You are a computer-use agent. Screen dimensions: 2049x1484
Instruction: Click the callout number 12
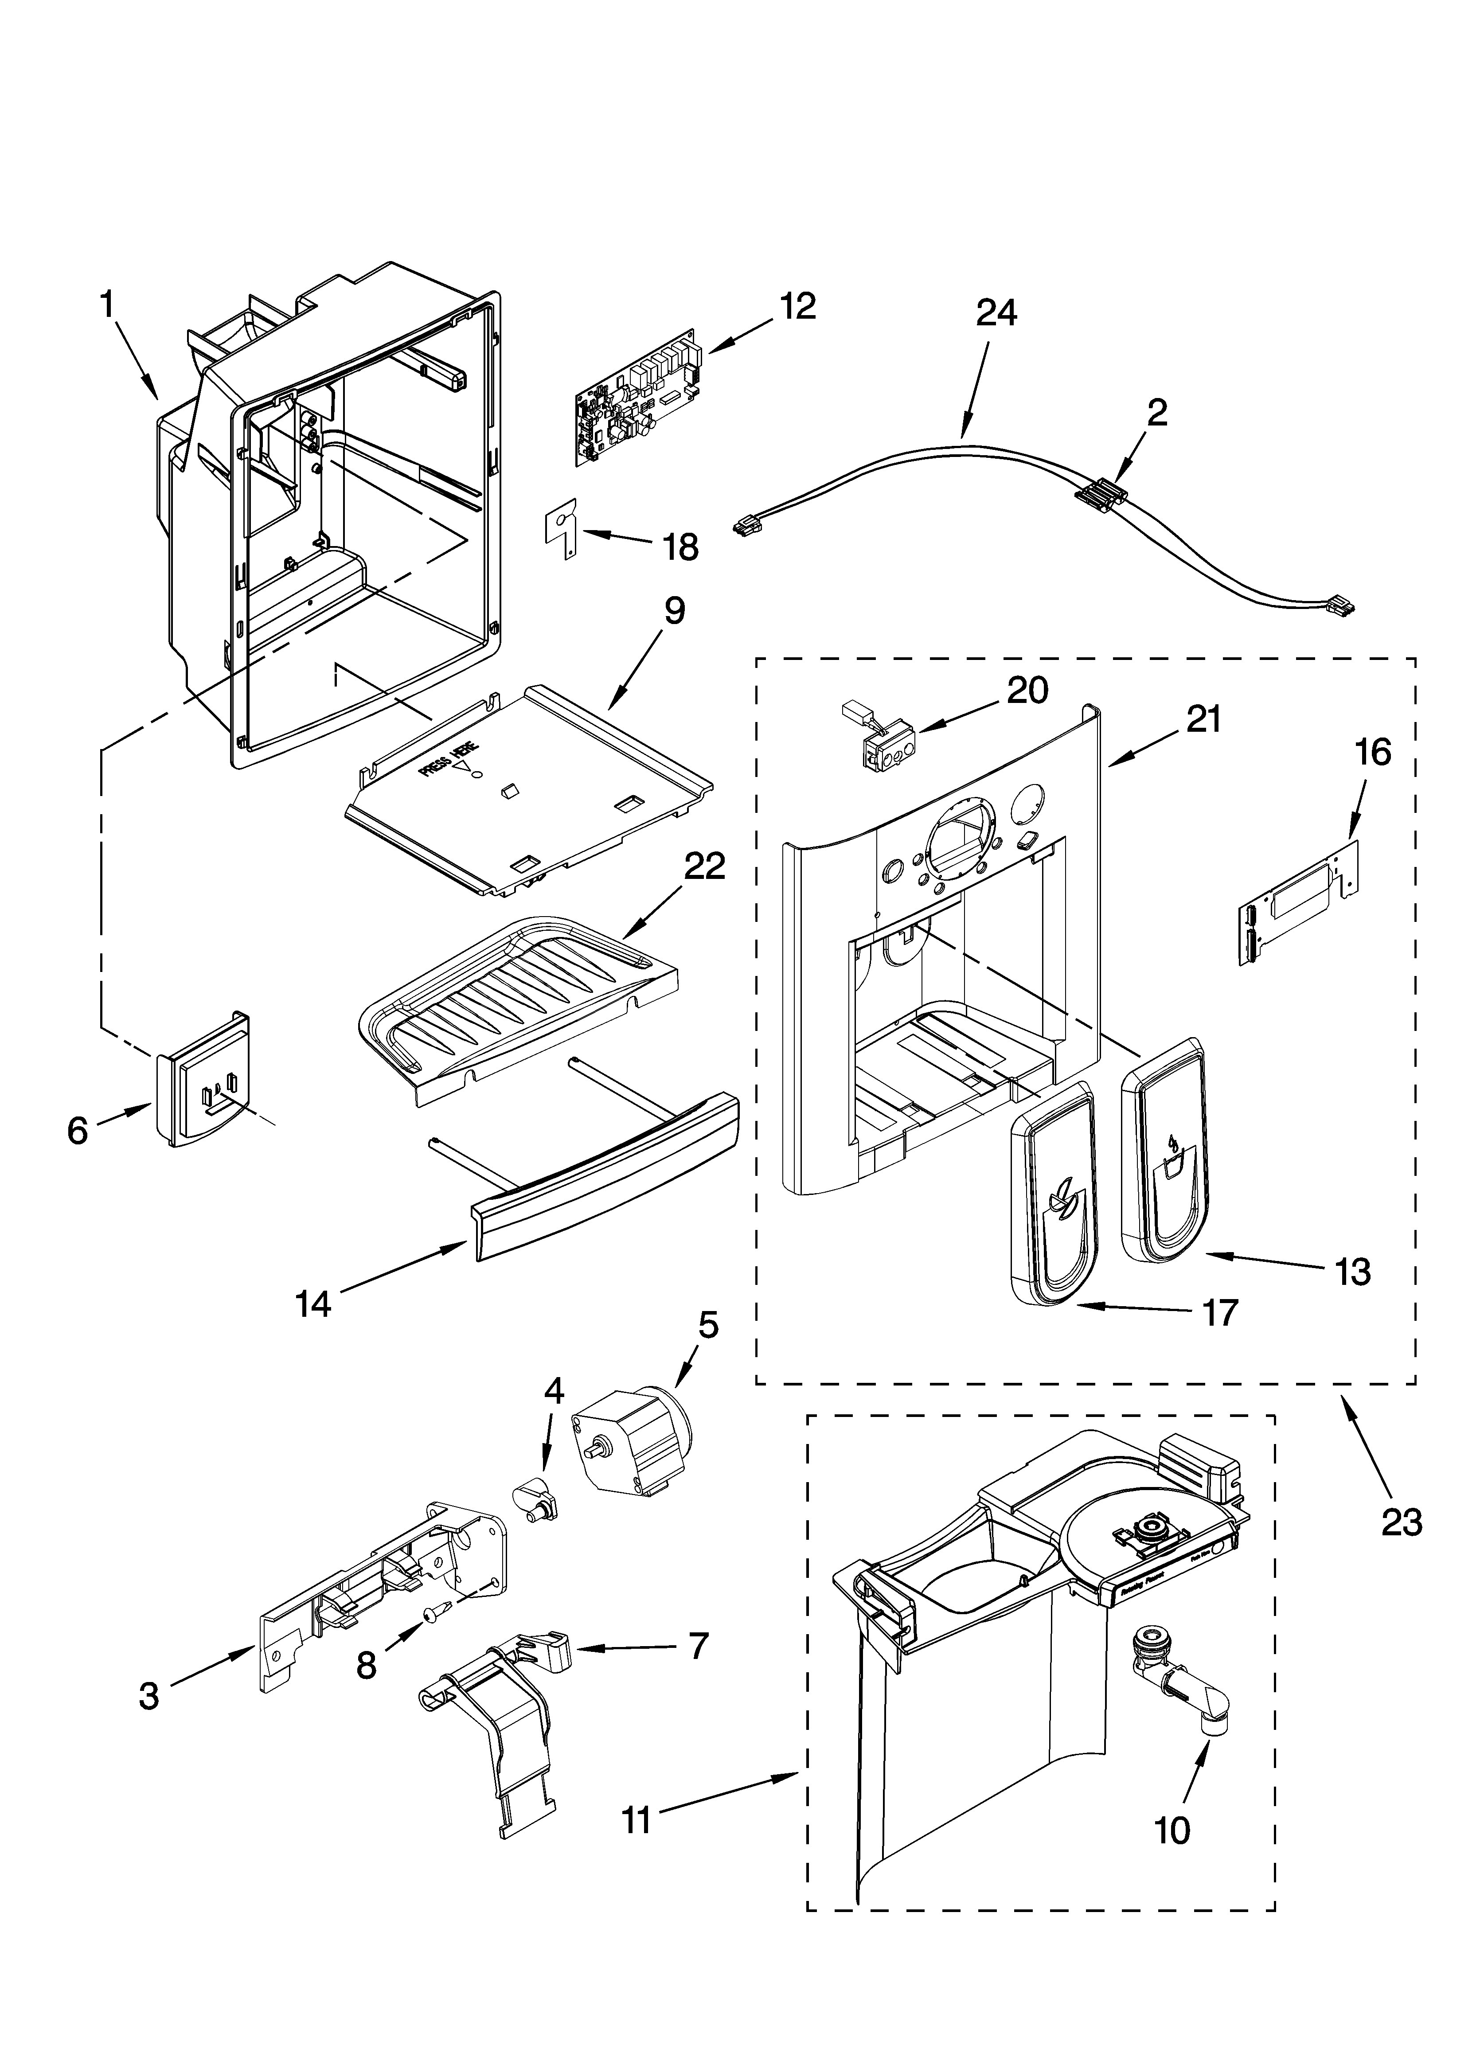pyautogui.click(x=797, y=306)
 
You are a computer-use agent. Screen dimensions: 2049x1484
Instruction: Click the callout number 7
pyautogui.click(x=698, y=1645)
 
